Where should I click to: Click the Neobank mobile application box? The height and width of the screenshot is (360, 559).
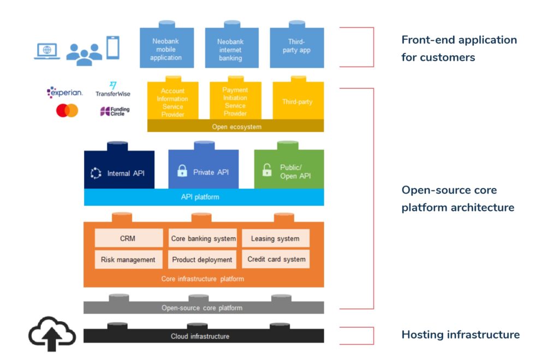[x=166, y=48]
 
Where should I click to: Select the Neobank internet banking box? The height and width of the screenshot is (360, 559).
[x=230, y=48]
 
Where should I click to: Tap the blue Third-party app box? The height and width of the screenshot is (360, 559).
[x=296, y=48]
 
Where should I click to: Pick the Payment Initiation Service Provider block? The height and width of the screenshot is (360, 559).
[x=235, y=101]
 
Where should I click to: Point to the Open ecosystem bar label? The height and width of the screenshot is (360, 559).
[x=236, y=127]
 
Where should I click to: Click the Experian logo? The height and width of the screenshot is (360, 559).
[x=64, y=92]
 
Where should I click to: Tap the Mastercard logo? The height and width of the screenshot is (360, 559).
[x=67, y=111]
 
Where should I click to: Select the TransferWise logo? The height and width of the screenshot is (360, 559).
[x=113, y=89]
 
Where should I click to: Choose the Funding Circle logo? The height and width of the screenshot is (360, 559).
[x=115, y=111]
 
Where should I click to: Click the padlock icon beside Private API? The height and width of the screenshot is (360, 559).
[x=182, y=171]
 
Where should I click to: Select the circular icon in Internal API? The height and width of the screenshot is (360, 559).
[x=96, y=173]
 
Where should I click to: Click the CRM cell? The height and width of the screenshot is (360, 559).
[x=128, y=238]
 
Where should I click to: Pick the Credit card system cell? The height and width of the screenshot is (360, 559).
[x=276, y=259]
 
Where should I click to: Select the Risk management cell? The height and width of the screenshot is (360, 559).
[x=128, y=260]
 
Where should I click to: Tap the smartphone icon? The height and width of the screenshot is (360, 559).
[x=112, y=47]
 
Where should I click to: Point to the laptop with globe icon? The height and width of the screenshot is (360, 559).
[x=47, y=51]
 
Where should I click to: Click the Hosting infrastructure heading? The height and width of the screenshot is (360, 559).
[x=460, y=335]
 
